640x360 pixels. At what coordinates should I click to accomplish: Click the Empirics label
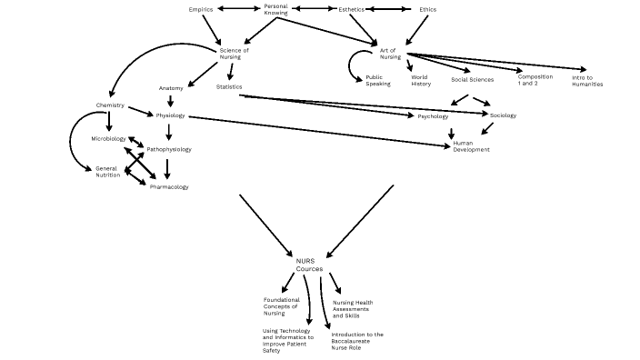[201, 9]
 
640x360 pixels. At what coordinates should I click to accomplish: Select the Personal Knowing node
[275, 10]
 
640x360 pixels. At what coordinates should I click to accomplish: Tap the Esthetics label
[352, 9]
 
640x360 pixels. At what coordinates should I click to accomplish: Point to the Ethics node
[427, 9]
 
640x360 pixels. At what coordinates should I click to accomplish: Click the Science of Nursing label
[234, 53]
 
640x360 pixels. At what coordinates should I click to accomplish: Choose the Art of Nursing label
[390, 53]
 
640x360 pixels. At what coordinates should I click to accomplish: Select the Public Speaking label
[378, 81]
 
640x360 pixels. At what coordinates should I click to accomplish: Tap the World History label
[420, 81]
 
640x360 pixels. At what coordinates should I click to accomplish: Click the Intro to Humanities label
[587, 81]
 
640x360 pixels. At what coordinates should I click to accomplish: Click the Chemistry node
[110, 105]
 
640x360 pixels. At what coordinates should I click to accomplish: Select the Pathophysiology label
[169, 148]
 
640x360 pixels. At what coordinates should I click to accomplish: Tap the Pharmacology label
[169, 186]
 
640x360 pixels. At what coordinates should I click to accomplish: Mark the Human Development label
[471, 146]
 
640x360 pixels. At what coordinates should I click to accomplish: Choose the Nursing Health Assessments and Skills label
[353, 309]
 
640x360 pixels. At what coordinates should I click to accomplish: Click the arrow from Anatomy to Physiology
[170, 102]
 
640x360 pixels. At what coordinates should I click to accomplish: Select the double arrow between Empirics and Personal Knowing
[238, 9]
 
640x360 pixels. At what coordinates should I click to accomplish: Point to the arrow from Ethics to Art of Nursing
[415, 31]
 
